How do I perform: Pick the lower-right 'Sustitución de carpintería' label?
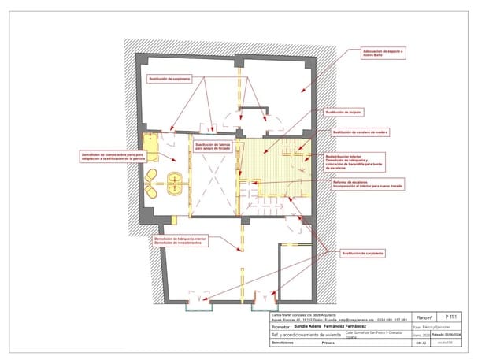click(362, 253)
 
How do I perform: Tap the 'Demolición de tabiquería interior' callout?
click(180, 240)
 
